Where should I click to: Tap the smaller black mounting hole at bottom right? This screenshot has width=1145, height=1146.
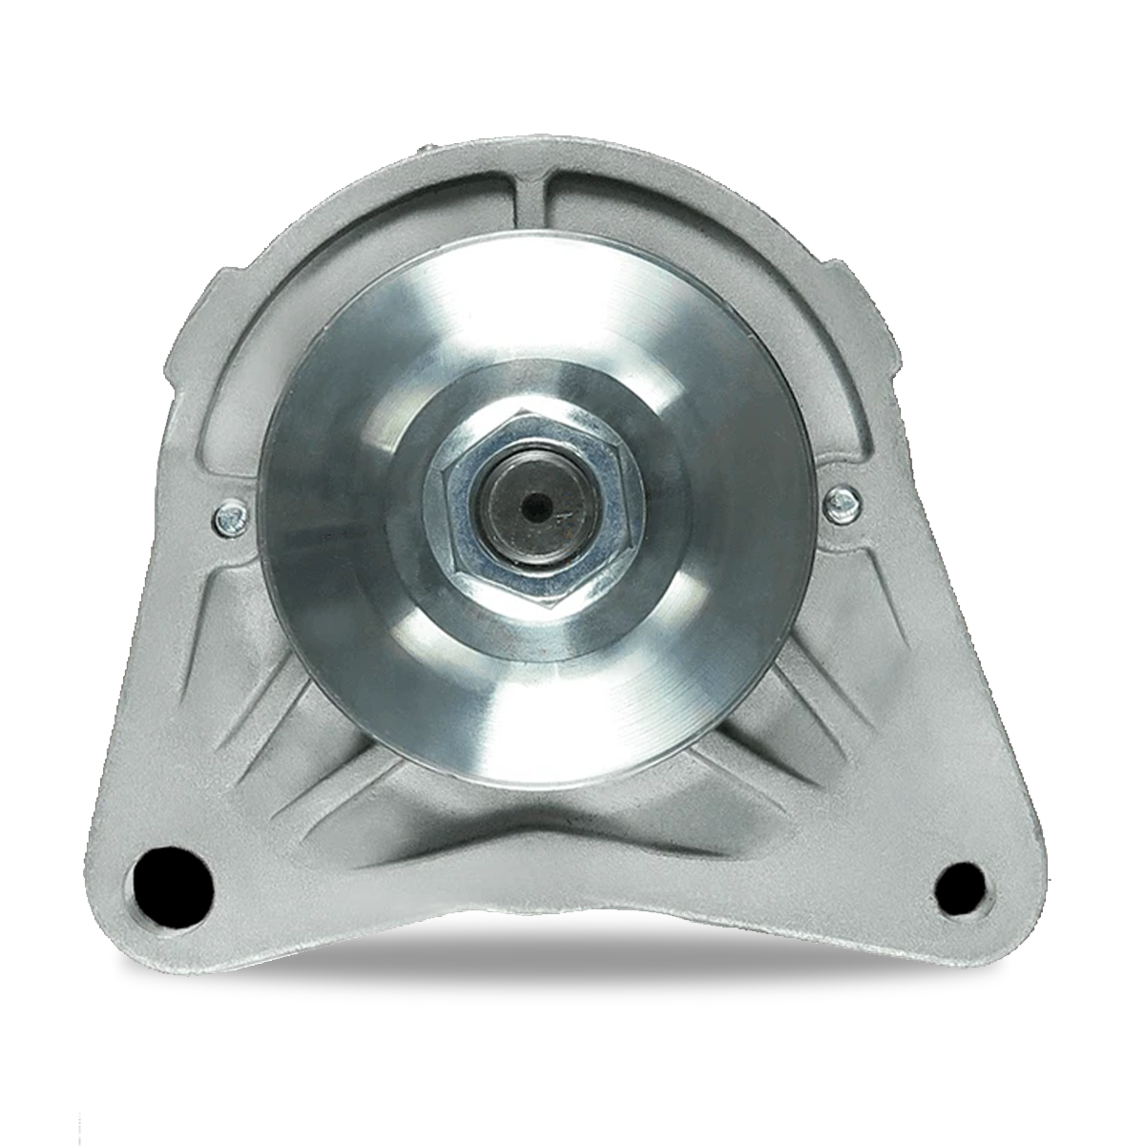[959, 887]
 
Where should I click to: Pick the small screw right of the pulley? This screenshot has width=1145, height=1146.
[841, 500]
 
